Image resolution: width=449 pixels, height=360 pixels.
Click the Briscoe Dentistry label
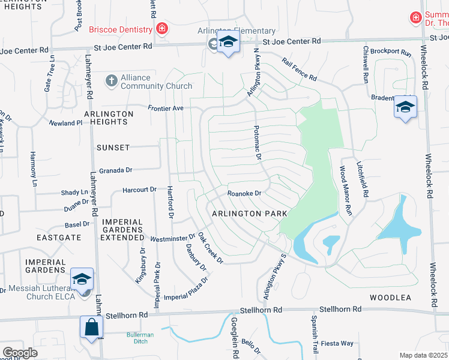[122, 29]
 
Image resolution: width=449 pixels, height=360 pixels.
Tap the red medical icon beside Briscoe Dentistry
[161, 29]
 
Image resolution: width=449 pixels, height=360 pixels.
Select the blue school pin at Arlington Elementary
[228, 43]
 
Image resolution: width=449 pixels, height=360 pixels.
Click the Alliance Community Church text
[148, 82]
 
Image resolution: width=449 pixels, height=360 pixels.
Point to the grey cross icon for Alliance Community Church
[110, 80]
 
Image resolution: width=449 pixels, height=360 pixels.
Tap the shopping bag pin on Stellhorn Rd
[92, 328]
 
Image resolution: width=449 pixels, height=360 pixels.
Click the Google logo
[20, 353]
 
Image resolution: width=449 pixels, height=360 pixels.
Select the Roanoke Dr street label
[244, 193]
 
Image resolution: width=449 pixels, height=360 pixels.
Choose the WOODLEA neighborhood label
[390, 298]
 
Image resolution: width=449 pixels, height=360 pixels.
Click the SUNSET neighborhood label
[112, 147]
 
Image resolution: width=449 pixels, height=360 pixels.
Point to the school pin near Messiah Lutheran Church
[82, 279]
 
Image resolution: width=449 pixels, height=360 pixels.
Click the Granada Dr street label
[115, 170]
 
